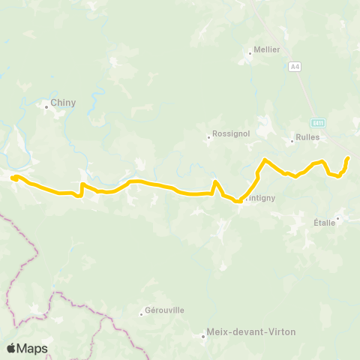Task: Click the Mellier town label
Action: [268, 49]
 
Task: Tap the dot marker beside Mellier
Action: [250, 52]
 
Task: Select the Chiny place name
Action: [63, 103]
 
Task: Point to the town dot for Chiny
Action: [46, 106]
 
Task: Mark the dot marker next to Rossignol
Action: [209, 136]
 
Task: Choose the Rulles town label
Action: [307, 137]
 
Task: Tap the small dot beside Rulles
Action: [292, 139]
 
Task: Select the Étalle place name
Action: [322, 223]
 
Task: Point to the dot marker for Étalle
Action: [338, 219]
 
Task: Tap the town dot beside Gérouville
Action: [142, 313]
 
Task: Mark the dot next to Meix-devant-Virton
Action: [204, 335]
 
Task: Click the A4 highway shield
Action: [295, 67]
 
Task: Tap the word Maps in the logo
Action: [34, 348]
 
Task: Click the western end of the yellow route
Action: [13, 177]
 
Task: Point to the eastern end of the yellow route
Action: [348, 158]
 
